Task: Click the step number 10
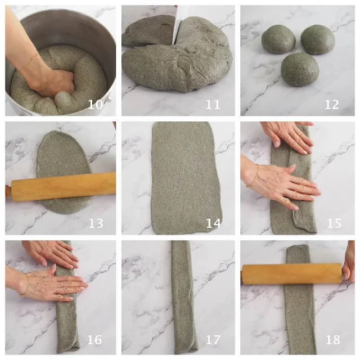click(x=95, y=105)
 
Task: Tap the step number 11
click(x=213, y=105)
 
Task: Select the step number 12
click(x=331, y=105)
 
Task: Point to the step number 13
click(x=96, y=223)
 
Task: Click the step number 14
click(x=213, y=223)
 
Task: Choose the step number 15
click(x=334, y=223)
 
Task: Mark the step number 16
click(x=94, y=340)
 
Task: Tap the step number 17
click(x=213, y=340)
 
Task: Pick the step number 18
click(x=332, y=340)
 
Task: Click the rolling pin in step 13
click(x=61, y=186)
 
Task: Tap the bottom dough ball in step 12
click(x=300, y=69)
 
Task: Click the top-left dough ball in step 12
click(x=278, y=39)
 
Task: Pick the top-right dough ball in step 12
click(x=318, y=39)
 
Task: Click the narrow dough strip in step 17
click(x=184, y=298)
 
